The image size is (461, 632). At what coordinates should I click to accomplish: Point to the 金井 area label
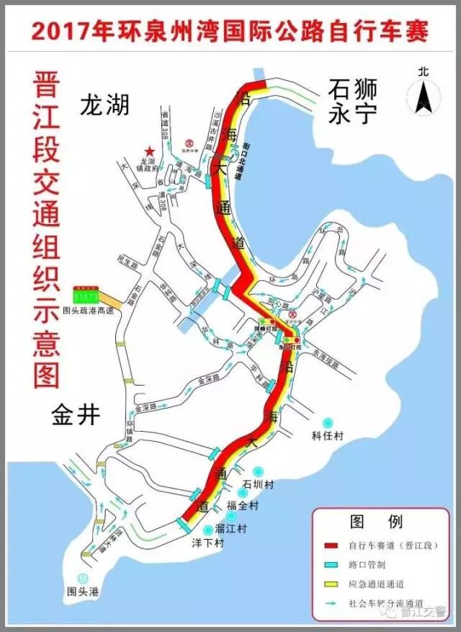75,414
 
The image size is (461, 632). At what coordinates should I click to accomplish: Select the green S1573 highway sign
84,295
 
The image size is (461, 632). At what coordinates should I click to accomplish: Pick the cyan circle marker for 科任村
328,422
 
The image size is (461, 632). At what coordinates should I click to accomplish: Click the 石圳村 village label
257,484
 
